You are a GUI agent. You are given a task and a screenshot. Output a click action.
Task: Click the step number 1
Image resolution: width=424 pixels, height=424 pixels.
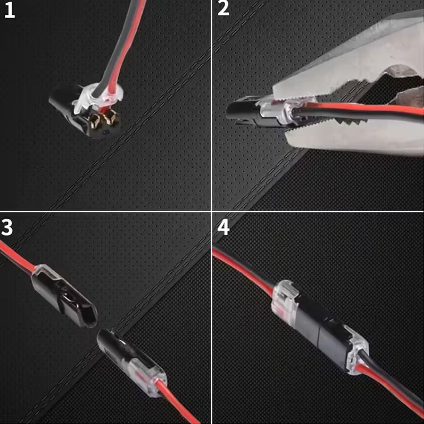pos(9,11)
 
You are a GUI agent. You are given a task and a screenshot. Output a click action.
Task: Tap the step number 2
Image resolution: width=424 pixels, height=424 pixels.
pos(224,9)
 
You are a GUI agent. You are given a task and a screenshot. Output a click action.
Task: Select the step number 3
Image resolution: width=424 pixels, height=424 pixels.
pos(7,227)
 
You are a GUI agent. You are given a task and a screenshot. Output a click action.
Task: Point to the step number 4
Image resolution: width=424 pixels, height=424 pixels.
pos(224,227)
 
